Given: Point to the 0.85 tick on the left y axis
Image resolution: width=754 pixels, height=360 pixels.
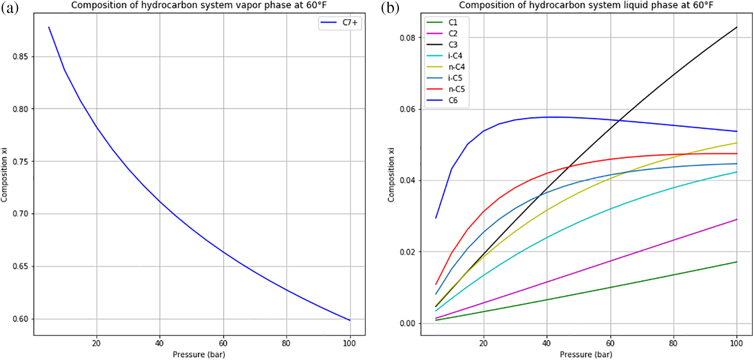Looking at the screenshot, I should [21, 57].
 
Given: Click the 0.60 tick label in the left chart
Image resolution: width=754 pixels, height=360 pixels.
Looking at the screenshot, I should [21, 319].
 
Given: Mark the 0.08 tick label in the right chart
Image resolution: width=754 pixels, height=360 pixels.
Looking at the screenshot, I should [408, 38].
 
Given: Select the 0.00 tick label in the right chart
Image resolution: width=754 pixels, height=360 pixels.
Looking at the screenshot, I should [408, 323].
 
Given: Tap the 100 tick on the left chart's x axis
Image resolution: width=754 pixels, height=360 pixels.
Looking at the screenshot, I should [349, 343].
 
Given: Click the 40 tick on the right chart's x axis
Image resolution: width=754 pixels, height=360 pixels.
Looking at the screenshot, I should [547, 343].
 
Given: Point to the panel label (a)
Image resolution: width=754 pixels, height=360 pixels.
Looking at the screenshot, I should [9, 8].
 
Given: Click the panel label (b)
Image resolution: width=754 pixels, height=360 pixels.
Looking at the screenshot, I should [390, 8].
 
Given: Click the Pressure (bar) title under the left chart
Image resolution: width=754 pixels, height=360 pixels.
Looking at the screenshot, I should [199, 354].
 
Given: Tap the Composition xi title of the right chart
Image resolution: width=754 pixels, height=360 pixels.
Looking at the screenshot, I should [391, 174].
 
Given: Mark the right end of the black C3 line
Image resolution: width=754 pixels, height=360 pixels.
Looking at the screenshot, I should [737, 27].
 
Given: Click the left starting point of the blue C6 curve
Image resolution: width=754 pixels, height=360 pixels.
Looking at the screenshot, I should [436, 218].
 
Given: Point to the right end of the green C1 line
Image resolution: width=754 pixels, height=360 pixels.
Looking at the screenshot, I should [737, 262].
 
